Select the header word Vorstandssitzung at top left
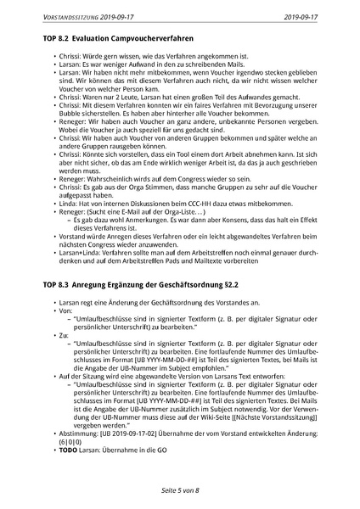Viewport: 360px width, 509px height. click(x=67, y=15)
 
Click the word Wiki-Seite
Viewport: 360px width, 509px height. click(x=212, y=410)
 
